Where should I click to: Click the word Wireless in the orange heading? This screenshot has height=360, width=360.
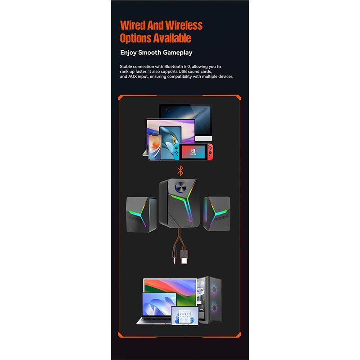[x=184, y=25]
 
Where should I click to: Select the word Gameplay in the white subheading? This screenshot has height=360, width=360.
[x=178, y=53]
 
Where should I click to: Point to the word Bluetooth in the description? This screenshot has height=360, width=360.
[x=174, y=67]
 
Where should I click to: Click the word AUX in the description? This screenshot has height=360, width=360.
[x=132, y=76]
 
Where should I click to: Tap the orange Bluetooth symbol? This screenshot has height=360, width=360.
[x=180, y=171]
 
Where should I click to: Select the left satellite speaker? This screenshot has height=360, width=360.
[x=141, y=214]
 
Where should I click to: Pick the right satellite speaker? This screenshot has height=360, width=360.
[x=217, y=213]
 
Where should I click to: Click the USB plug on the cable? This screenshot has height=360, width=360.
[x=184, y=256]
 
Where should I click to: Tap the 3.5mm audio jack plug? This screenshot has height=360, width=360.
[x=175, y=256]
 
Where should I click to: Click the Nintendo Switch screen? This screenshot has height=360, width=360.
[x=193, y=152]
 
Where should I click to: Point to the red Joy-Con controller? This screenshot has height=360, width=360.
[x=210, y=152]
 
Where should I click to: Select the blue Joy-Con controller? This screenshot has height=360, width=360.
[x=176, y=152]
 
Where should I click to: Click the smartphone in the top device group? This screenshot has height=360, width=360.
[x=155, y=147]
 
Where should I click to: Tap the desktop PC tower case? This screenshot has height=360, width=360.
[x=209, y=300]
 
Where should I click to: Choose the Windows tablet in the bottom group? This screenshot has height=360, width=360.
[x=184, y=316]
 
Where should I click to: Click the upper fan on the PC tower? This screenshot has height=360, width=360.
[x=215, y=289]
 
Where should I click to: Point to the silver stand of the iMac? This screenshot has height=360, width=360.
[x=203, y=138]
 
